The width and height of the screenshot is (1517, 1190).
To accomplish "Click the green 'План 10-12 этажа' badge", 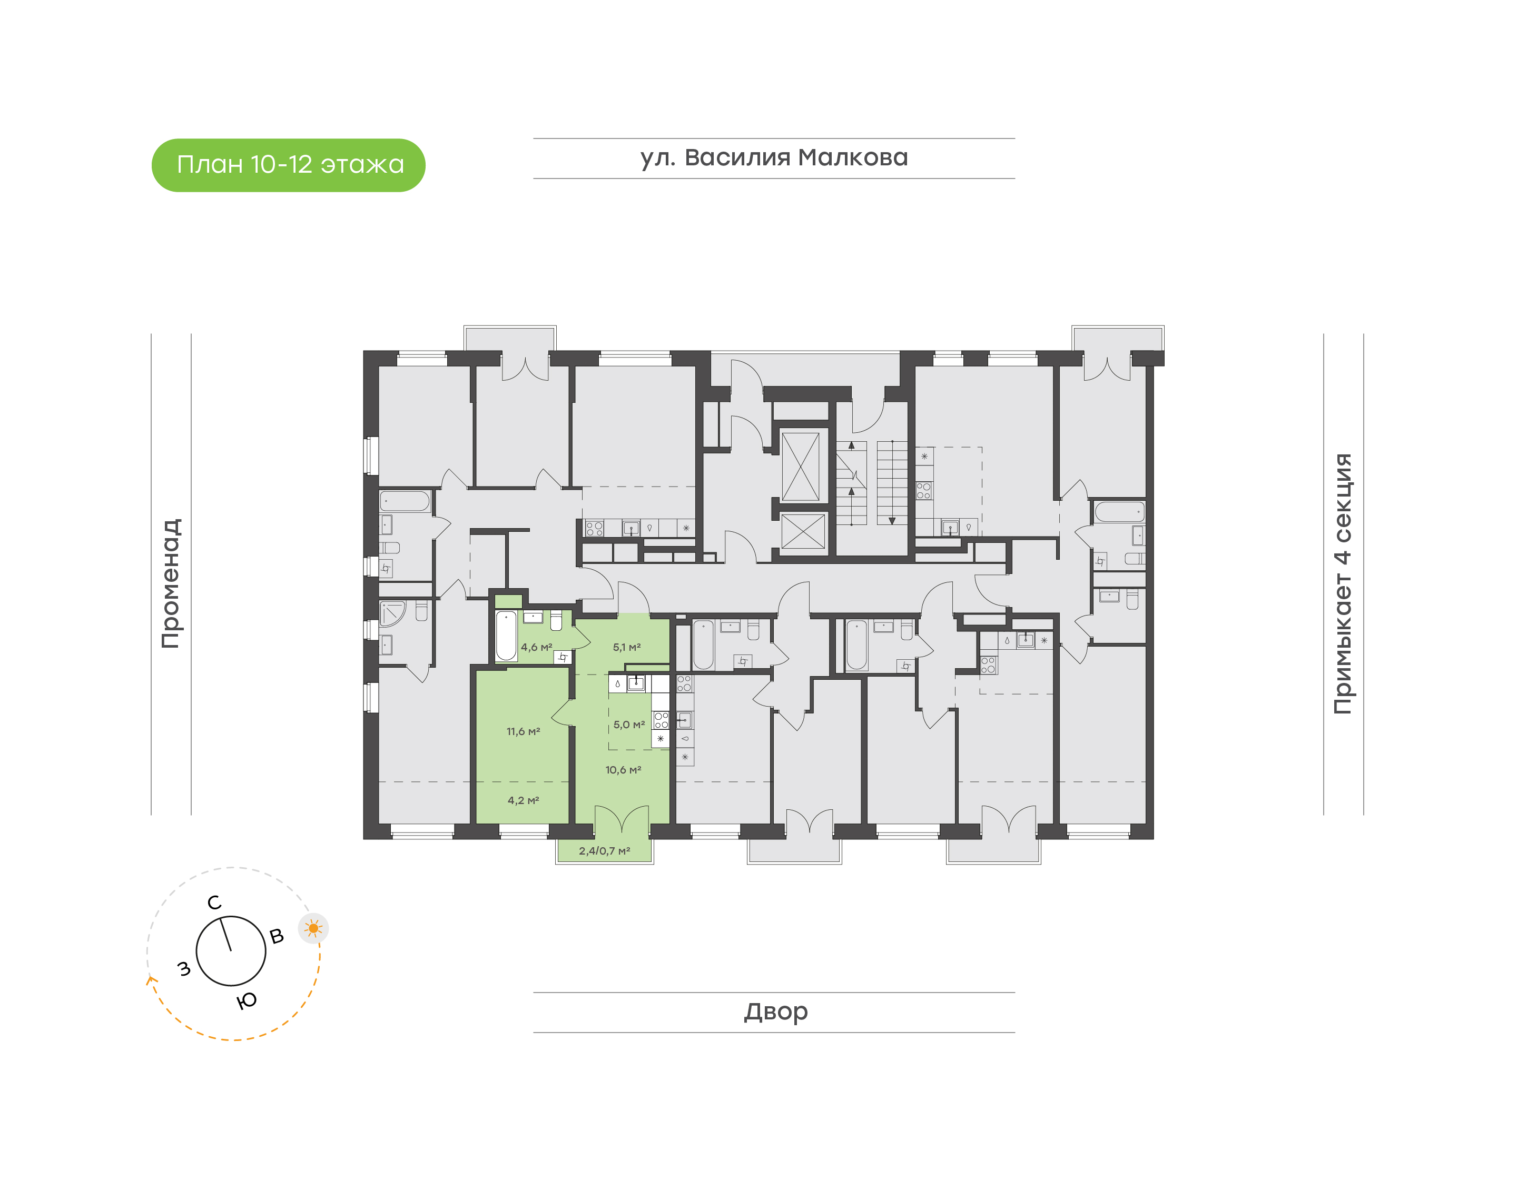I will pos(289,165).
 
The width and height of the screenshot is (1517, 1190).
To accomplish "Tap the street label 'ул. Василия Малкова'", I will pos(773,157).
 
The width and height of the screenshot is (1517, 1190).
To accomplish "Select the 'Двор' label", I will pos(775,1011).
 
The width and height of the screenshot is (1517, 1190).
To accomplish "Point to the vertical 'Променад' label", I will pos(171,583).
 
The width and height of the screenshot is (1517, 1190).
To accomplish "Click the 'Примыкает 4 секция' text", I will pos(1342,583).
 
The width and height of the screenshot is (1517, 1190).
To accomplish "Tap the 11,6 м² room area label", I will pos(523,731).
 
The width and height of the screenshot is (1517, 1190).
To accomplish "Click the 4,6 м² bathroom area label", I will pos(536,647).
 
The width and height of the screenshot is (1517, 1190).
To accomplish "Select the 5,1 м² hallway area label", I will pos(626,647).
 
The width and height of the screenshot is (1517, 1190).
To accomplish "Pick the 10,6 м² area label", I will pos(623,770).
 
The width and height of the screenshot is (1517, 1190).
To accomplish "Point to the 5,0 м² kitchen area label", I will pos(628,725).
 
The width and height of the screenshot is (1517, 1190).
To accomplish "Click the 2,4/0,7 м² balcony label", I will pos(604,851).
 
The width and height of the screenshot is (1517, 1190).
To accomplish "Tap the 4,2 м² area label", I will pos(523,800).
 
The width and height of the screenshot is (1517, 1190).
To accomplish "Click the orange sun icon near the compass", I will pos(313,929).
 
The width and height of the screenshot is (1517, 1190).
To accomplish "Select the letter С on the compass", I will pos(214,903).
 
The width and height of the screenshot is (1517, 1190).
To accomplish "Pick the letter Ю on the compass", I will pos(247,1001).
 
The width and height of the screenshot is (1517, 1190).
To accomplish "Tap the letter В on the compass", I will pos(277,936).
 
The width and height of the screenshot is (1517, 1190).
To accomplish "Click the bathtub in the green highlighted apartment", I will pos(506,636).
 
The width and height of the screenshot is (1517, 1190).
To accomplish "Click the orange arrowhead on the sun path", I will pos(150,981).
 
